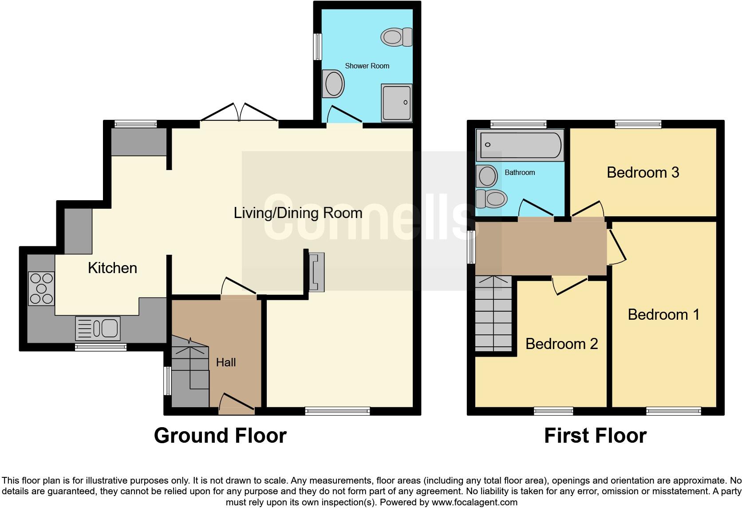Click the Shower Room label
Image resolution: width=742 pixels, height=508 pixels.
[x=367, y=66]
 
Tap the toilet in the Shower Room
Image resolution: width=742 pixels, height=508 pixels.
[x=396, y=36]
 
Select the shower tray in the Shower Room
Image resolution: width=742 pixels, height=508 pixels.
[x=396, y=103]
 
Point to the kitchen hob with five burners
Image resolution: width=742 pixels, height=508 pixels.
[x=41, y=288]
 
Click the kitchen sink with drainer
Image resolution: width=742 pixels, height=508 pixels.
[x=98, y=328]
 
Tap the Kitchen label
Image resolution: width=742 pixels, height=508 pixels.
[x=112, y=268]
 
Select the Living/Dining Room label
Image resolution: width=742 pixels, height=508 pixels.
[x=298, y=213]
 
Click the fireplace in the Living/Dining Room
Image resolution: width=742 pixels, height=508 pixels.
[x=317, y=272]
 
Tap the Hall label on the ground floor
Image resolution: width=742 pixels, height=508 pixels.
[x=225, y=362]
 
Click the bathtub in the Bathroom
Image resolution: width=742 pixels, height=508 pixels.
[x=520, y=145]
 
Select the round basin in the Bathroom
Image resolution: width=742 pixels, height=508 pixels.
[x=487, y=176]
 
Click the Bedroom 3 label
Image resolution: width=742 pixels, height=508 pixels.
[x=643, y=172]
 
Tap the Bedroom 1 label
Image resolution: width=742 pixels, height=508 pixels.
[x=663, y=314]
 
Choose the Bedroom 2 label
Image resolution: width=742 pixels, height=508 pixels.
[x=561, y=344]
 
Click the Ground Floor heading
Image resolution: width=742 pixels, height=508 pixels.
[x=220, y=436]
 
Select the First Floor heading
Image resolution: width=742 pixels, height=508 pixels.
[x=595, y=436]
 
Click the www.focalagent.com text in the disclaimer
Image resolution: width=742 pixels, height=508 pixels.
[x=474, y=503]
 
